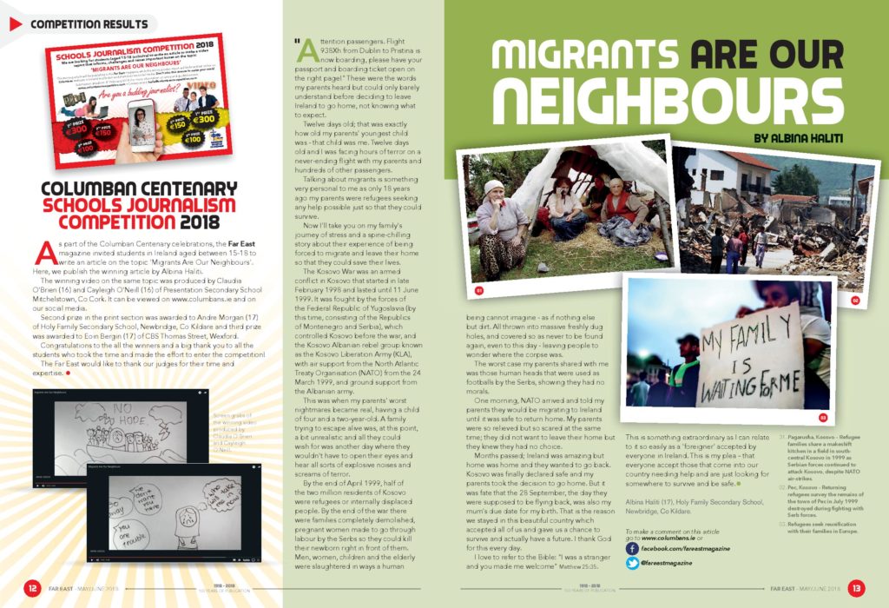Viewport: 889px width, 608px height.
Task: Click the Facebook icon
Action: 631,549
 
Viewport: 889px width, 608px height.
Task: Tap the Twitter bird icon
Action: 631,564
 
